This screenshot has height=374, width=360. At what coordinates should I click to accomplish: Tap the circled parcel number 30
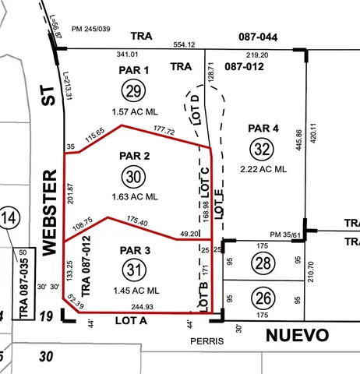[134, 177]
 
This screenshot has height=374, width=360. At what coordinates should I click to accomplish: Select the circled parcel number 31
[134, 269]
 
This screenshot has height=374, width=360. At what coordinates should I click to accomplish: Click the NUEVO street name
[297, 336]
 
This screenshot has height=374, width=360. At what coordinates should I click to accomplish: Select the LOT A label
[131, 320]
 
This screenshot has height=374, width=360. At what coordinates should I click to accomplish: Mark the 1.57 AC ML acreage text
[135, 111]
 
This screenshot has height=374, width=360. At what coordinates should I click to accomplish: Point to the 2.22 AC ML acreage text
[263, 168]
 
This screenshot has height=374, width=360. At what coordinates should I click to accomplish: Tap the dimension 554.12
[185, 44]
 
